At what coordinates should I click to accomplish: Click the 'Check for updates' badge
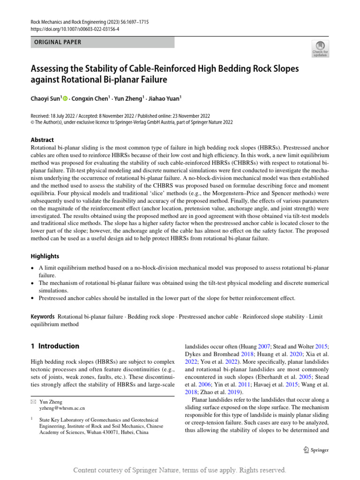pyautogui.click(x=320, y=49)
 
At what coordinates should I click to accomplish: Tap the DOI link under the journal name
pyautogui.click(x=75, y=29)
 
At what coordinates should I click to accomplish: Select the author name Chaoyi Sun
pyautogui.click(x=45, y=98)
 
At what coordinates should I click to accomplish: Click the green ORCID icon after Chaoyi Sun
pyautogui.click(x=65, y=98)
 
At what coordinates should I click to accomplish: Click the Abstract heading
pyautogui.click(x=42, y=140)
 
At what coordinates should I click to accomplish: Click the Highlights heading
pyautogui.click(x=45, y=256)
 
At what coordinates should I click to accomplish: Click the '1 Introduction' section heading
pyautogui.click(x=55, y=346)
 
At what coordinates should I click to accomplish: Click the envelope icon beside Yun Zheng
pyautogui.click(x=33, y=402)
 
